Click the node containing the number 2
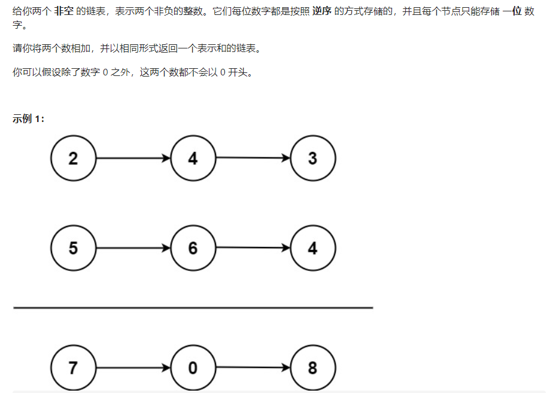click(73, 159)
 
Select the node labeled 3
click(312, 159)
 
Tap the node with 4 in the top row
click(193, 159)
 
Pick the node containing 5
click(73, 248)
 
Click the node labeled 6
click(193, 248)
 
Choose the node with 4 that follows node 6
click(312, 248)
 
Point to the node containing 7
click(73, 367)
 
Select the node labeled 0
click(193, 367)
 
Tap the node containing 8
click(312, 367)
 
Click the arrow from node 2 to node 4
click(133, 159)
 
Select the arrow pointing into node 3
click(253, 159)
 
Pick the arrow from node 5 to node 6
click(133, 248)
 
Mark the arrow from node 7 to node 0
click(133, 367)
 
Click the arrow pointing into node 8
click(253, 367)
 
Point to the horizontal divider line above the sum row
click(193, 308)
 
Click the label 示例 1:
click(29, 118)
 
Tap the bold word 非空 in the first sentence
click(64, 12)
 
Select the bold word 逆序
click(321, 12)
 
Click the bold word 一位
click(512, 12)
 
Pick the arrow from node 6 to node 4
click(253, 248)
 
